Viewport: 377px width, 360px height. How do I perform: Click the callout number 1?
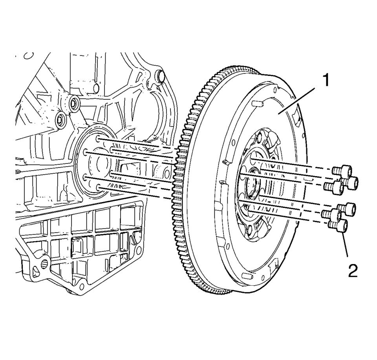[x=326, y=80]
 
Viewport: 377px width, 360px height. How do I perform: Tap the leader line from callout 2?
[x=345, y=243]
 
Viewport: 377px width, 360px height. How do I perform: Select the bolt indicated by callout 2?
[x=338, y=226]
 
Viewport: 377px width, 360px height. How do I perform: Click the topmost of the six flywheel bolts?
[x=342, y=171]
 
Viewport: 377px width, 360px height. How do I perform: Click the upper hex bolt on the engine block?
[x=73, y=103]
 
